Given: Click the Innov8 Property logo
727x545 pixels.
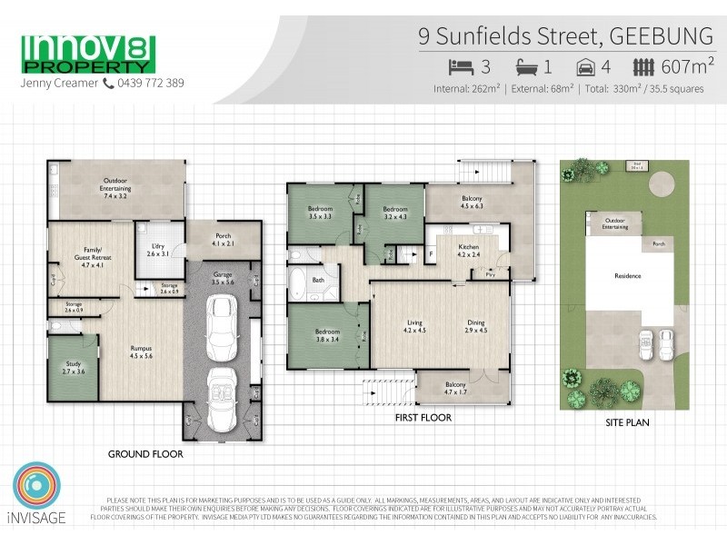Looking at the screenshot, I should pos(87,54).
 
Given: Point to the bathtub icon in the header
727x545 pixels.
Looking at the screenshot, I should pos(527,65).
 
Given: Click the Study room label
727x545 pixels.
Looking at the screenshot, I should pos(73,367).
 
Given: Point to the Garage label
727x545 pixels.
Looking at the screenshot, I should pos(224,278).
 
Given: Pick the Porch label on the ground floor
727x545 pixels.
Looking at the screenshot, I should pos(223,239).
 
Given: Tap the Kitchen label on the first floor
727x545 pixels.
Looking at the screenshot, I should pos(469,249).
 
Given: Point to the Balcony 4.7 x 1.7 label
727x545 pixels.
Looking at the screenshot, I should pos(452,388).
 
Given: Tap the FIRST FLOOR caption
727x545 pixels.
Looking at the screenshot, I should pos(423,419).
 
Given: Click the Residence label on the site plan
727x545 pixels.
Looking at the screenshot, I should pos(629,276).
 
